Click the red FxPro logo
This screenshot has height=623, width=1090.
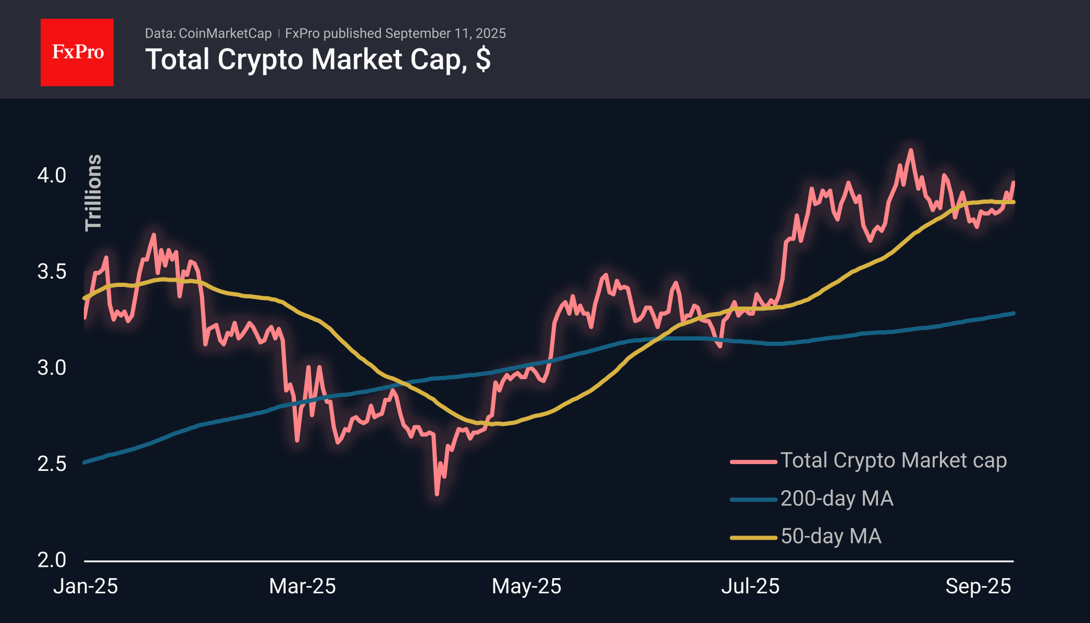click(77, 52)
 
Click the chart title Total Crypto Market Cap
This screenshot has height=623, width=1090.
click(317, 59)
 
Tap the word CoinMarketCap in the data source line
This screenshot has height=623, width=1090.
click(225, 33)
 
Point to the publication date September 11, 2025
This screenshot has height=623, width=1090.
click(445, 33)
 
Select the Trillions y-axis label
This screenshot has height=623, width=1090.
click(93, 192)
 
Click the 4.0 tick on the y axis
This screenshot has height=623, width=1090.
click(52, 176)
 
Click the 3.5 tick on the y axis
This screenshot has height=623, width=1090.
click(52, 272)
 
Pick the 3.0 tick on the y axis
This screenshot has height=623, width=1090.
click(52, 368)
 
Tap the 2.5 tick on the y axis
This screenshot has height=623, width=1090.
click(52, 464)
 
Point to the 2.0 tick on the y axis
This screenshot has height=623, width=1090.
click(52, 560)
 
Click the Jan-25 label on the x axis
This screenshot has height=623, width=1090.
click(85, 587)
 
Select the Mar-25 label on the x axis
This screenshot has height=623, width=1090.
click(302, 587)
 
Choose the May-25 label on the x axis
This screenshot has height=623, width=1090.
click(526, 587)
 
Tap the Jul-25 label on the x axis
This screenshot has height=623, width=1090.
click(750, 587)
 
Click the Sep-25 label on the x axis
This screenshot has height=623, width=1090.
click(978, 587)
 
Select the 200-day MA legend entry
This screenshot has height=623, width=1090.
click(836, 499)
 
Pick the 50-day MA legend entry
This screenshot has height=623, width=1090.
click(831, 537)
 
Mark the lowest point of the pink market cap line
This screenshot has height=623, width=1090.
click(437, 493)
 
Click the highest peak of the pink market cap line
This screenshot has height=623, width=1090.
click(911, 150)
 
